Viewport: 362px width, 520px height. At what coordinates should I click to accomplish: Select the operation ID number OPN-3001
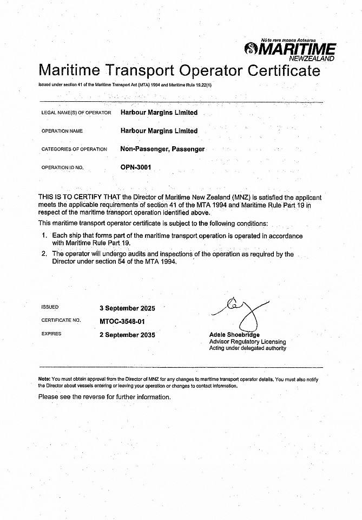(136, 167)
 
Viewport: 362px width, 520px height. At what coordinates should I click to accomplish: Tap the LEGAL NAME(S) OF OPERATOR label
(76, 113)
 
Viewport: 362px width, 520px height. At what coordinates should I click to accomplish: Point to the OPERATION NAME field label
(62, 131)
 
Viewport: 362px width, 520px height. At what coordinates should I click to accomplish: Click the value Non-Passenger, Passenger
(162, 149)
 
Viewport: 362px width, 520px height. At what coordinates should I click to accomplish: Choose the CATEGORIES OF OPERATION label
(74, 149)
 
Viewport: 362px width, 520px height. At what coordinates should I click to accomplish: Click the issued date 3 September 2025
(127, 308)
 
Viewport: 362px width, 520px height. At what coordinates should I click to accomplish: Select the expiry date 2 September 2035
(127, 335)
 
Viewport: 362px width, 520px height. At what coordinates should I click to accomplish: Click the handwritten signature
(241, 311)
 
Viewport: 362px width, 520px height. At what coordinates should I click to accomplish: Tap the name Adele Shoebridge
(234, 335)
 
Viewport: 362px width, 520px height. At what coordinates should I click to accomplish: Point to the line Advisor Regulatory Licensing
(247, 342)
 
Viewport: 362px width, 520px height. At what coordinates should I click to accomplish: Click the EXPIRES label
(51, 334)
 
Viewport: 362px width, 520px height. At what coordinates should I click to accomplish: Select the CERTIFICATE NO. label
(61, 321)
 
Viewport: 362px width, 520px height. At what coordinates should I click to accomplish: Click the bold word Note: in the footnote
(44, 379)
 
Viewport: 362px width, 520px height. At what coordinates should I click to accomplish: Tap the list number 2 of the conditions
(44, 253)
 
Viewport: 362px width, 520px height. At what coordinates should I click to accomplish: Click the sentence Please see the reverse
(104, 396)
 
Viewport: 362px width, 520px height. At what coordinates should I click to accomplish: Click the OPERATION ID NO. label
(62, 168)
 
